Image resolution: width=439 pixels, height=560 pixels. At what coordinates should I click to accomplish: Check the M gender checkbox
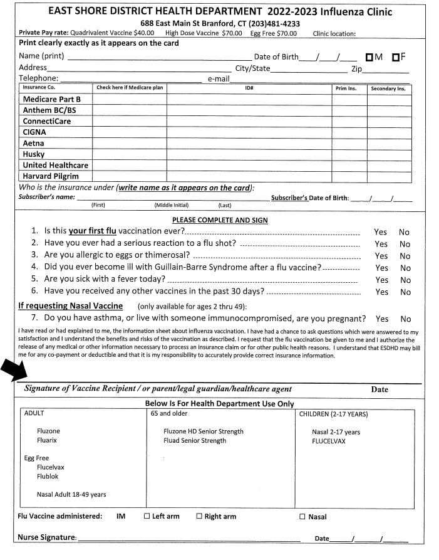[370, 57]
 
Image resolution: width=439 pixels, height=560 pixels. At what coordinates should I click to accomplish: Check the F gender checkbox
[396, 57]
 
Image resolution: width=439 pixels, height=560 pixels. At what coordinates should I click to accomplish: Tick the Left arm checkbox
[147, 517]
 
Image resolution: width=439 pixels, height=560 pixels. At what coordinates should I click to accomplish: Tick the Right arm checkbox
[199, 517]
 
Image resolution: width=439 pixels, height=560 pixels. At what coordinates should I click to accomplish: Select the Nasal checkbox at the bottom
[302, 517]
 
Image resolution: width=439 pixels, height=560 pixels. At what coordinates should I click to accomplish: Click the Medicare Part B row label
[52, 99]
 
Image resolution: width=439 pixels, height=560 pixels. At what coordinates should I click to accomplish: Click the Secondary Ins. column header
[388, 88]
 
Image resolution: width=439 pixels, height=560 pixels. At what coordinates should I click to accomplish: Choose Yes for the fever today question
[381, 280]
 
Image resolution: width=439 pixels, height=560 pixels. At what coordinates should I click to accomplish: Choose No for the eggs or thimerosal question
[405, 256]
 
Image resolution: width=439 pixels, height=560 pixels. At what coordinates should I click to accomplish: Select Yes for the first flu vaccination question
[381, 232]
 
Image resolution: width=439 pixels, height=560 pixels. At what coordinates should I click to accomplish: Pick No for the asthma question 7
[406, 319]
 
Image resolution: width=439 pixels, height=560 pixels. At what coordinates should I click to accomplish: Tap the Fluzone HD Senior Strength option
[204, 431]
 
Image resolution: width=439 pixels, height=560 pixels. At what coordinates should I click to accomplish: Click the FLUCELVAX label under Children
[330, 441]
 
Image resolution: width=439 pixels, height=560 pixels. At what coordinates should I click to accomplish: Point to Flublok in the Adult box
[49, 477]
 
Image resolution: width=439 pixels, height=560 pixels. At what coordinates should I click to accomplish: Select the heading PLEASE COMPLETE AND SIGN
[220, 220]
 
